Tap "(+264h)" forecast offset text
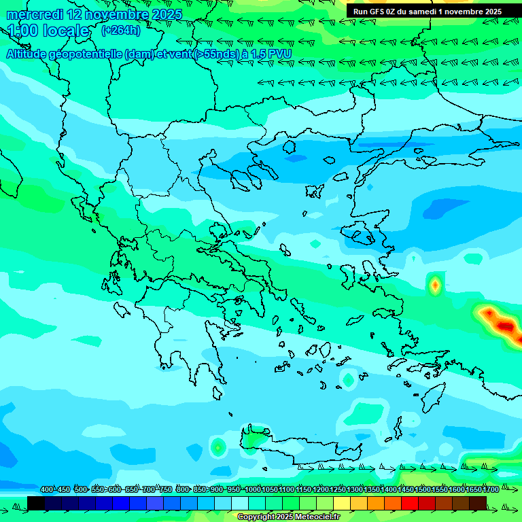[122, 30]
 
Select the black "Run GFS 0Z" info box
[428, 12]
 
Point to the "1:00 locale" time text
[48, 31]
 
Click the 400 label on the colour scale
[47, 489]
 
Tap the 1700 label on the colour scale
[491, 489]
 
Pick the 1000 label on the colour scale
[253, 489]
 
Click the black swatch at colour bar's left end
[36, 503]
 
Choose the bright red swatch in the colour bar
[410, 503]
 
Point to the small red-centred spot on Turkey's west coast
[434, 285]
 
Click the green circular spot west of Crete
[217, 447]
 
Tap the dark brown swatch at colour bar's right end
[478, 503]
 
